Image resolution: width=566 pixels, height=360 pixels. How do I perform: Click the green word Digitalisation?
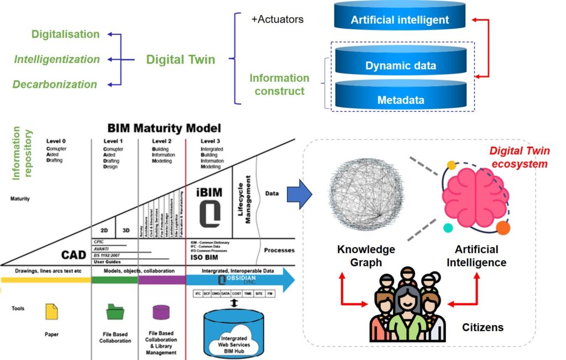tap(65, 34)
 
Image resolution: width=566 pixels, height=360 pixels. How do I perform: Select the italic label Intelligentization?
tap(57, 59)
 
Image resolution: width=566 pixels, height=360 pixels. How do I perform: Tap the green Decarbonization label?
tap(55, 85)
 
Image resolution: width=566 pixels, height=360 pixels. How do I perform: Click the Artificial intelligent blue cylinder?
tap(400, 20)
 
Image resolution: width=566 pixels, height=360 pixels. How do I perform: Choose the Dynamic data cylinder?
tap(400, 65)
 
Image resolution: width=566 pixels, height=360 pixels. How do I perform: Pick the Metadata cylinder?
tap(400, 100)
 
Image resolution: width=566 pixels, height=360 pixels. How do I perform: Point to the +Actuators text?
tap(277, 20)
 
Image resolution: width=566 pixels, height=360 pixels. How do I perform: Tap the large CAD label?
tap(74, 255)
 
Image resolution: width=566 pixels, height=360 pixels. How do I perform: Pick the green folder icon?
tap(116, 312)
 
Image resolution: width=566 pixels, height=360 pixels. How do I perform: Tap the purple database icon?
tap(161, 312)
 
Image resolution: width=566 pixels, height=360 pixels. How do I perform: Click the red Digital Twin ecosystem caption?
tap(518, 157)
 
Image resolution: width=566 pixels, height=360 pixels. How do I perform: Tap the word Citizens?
tap(483, 327)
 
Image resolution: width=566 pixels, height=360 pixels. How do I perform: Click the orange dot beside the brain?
tap(502, 227)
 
